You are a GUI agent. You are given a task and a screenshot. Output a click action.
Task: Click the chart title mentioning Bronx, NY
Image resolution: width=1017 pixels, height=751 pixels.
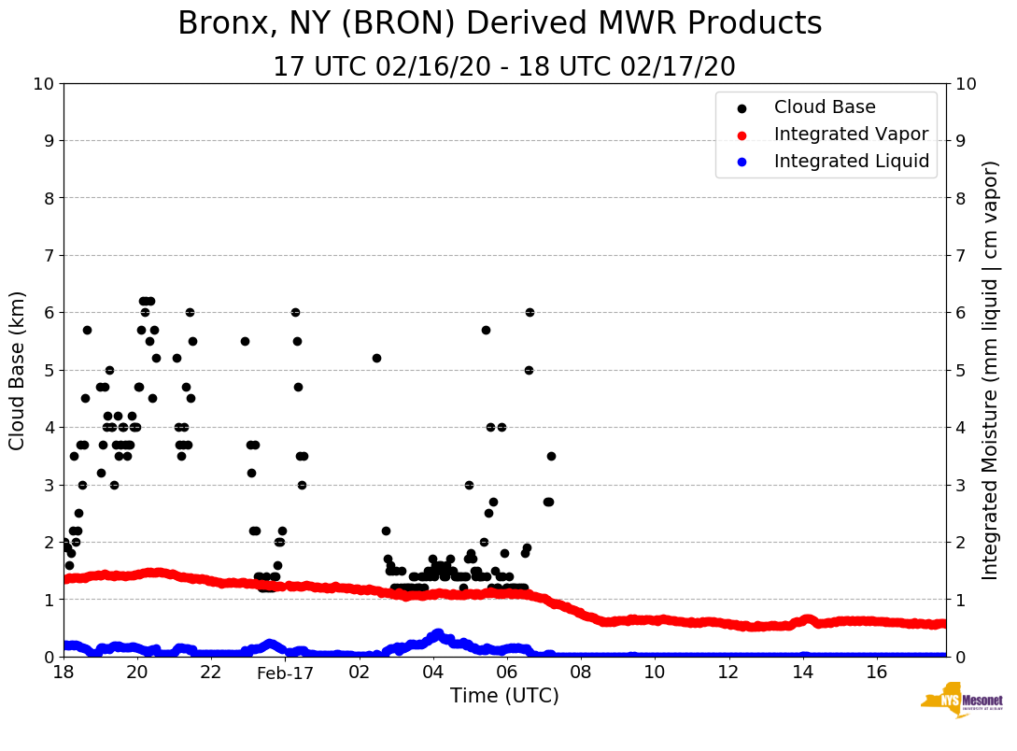click(500, 23)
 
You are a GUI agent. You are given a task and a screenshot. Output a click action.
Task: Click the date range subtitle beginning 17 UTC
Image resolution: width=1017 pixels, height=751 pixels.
click(504, 67)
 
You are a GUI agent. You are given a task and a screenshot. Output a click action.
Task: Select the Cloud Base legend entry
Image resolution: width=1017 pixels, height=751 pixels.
click(825, 107)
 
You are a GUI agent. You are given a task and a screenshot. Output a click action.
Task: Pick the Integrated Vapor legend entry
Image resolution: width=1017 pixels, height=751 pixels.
click(851, 135)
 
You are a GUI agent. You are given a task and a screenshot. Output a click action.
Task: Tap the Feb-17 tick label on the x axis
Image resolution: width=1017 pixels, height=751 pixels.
click(285, 673)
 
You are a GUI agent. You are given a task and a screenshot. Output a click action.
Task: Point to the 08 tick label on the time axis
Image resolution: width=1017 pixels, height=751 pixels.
click(580, 673)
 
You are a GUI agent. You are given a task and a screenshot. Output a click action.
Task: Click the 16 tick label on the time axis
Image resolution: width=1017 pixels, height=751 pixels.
click(876, 673)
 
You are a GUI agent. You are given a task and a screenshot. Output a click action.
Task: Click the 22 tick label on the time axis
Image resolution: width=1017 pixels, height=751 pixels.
click(211, 673)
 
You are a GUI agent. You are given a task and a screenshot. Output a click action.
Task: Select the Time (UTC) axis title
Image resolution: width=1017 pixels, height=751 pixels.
click(504, 696)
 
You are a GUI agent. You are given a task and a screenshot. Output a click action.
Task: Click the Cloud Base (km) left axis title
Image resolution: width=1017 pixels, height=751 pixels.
click(18, 370)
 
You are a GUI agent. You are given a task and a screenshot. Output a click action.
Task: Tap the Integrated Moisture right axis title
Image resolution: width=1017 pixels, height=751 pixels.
click(991, 370)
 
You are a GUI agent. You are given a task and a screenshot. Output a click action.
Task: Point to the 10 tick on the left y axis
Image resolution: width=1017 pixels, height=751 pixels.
click(43, 84)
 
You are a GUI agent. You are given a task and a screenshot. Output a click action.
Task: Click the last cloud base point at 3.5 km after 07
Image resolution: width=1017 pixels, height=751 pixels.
click(551, 456)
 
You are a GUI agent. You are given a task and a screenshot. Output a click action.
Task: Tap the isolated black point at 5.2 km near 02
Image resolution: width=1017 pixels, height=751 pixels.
click(376, 358)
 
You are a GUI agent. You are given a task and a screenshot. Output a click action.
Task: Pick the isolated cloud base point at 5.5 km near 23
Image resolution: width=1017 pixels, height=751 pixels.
click(245, 341)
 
